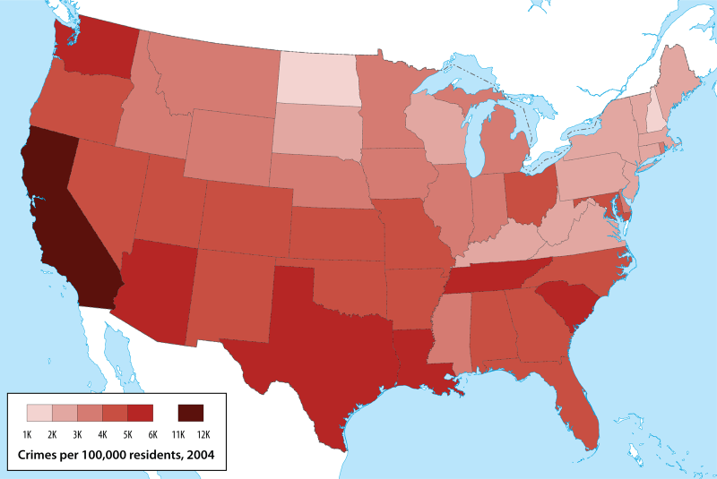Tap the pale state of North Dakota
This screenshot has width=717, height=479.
318,79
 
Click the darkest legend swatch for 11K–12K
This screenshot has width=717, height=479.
191,413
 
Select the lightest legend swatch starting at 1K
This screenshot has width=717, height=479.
39,413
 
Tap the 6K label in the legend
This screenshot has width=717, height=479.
154,434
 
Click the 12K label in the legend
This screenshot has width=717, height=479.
204,434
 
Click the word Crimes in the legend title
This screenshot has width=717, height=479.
40,456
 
